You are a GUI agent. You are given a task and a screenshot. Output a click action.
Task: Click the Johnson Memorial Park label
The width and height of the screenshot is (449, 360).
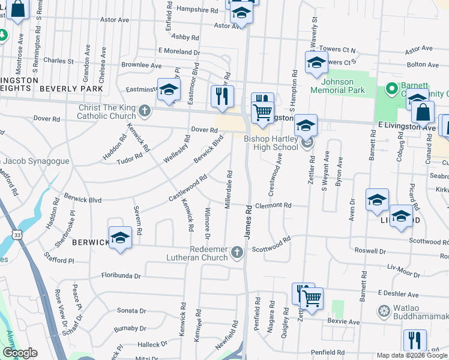point(343,86)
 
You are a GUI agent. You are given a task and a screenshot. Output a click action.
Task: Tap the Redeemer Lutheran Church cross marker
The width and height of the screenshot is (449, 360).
point(238,253)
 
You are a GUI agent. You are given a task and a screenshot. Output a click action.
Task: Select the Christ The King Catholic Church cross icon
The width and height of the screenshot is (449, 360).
point(145,110)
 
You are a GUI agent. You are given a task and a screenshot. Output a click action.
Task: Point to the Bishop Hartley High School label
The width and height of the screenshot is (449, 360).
point(271,143)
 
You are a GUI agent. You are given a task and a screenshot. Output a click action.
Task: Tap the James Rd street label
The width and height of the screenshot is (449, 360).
point(247,220)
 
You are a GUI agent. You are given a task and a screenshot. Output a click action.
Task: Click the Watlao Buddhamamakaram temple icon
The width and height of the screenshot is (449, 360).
point(384,311)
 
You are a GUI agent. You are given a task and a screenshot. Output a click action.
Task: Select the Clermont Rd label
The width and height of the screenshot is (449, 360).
point(273,205)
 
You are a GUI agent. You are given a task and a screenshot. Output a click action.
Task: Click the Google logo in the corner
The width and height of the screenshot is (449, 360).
point(20,353)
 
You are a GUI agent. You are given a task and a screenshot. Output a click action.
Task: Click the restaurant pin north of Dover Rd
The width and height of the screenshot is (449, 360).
point(222,96)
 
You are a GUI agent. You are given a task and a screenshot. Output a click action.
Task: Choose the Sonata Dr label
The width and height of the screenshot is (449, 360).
point(131,311)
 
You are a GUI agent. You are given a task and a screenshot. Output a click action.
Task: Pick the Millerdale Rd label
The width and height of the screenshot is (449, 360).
point(228,189)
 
